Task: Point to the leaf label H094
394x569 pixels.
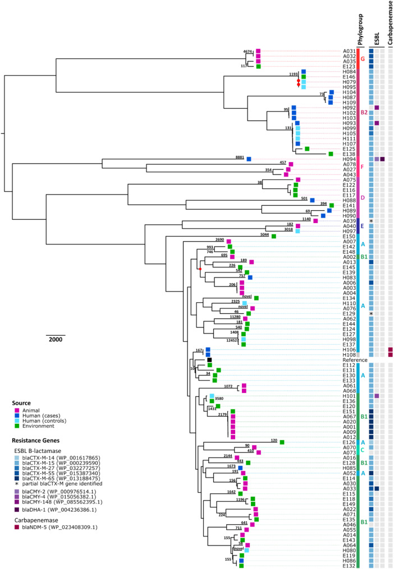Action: (x=349, y=159)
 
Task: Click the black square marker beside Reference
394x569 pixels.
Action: (x=209, y=360)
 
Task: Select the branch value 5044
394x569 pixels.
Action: (x=267, y=235)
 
